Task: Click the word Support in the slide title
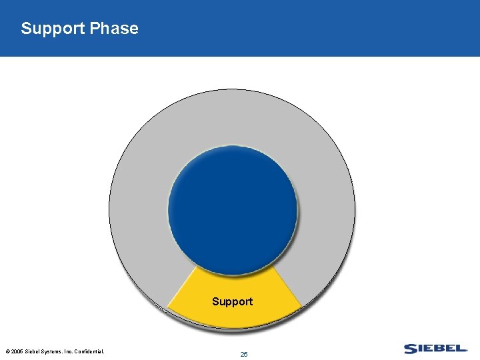coord(53,29)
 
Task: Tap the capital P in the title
coord(95,29)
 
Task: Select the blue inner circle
coord(232,207)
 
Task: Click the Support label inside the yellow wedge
coord(232,301)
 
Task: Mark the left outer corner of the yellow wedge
coord(167,309)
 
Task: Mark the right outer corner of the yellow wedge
coord(303,306)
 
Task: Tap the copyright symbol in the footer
coord(7,351)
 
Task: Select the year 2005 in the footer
coord(17,351)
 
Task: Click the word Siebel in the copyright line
coord(35,351)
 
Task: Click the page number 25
coord(244,354)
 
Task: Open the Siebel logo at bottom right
coord(435,349)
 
